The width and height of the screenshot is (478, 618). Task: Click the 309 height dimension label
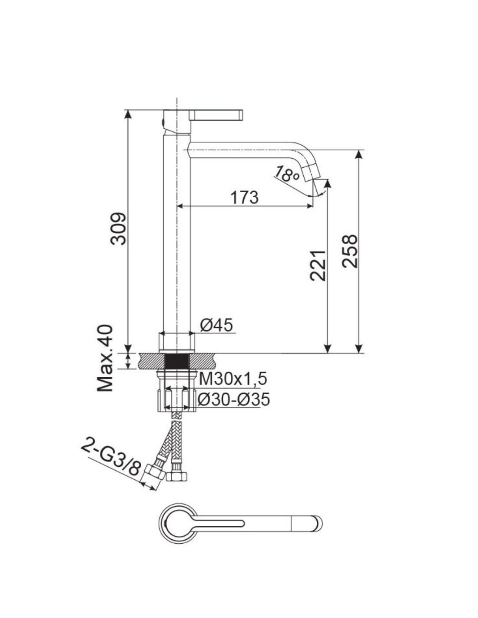click(117, 228)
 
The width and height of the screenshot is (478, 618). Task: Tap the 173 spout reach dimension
click(245, 197)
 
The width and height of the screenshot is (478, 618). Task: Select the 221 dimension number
click(317, 266)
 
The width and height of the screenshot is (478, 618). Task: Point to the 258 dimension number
click(349, 251)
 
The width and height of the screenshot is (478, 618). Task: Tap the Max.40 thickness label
click(105, 358)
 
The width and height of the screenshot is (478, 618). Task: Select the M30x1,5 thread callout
click(232, 379)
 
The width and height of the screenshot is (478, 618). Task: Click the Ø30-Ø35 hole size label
click(233, 399)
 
